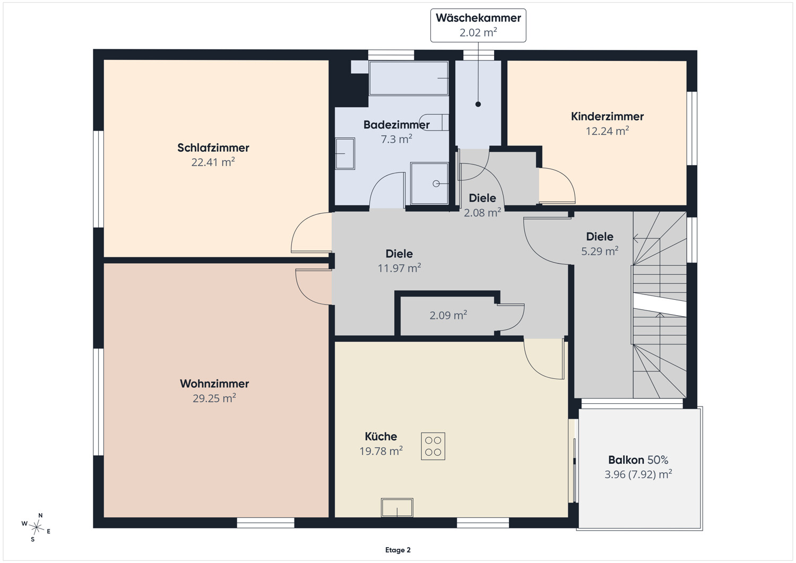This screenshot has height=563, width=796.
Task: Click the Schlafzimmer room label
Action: [x=213, y=148]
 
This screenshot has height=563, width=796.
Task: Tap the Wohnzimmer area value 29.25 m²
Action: [x=214, y=398]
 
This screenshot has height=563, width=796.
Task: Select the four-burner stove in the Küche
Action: [x=433, y=446]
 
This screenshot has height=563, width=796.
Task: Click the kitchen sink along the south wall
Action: [x=397, y=507]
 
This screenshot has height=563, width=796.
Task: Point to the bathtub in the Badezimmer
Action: [x=409, y=78]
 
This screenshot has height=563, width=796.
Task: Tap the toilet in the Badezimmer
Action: [x=434, y=122]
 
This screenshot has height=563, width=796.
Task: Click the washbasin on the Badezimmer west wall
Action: [x=345, y=153]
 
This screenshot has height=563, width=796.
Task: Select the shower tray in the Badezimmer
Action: [x=429, y=184]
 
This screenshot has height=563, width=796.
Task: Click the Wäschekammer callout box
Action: [x=478, y=25]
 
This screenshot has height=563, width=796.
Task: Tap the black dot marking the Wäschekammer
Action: [x=478, y=104]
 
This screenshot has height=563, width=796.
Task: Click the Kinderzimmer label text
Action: [x=607, y=116]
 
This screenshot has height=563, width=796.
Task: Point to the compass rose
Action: [x=36, y=527]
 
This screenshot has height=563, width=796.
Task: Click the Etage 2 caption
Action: [x=398, y=550]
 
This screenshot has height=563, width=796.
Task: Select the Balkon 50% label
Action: [x=638, y=460]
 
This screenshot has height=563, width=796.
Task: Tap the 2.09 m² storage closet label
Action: [x=448, y=315]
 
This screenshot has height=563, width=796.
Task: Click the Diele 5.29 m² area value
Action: [x=600, y=251]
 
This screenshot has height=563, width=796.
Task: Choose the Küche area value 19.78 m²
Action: [x=381, y=451]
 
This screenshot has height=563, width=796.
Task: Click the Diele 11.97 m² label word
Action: [x=399, y=254]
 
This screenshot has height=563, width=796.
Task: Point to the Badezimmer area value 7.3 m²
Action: [x=396, y=139]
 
